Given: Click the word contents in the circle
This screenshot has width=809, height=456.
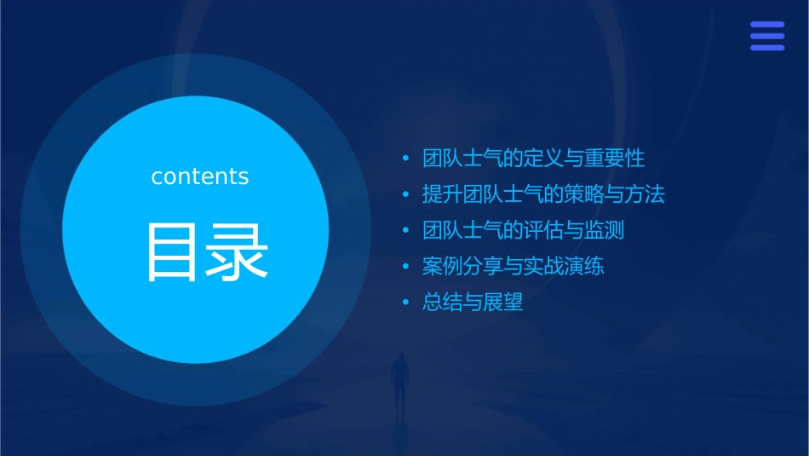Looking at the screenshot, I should point(199,176).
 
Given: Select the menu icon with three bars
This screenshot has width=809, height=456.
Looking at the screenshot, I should point(766,36).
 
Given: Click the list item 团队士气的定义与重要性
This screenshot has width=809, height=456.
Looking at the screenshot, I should point(533,159).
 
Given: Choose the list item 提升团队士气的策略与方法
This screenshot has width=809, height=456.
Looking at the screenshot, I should point(543,194).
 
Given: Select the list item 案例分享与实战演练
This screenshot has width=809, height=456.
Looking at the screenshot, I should point(514,266).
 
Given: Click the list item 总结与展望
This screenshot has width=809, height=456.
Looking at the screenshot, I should point(473,302).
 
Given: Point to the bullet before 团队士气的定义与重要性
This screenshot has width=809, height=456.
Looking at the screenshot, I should point(406,159).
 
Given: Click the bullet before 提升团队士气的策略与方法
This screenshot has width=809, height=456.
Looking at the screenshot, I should point(406,194).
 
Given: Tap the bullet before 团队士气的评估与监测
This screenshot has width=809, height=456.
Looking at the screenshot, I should point(406,230).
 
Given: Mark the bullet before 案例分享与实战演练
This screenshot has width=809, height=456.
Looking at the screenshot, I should point(406,266).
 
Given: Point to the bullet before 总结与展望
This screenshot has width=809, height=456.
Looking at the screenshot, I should point(406,302).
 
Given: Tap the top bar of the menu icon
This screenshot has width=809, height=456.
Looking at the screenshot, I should point(766,25).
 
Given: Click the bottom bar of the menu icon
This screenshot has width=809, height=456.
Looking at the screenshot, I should point(766,48).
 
